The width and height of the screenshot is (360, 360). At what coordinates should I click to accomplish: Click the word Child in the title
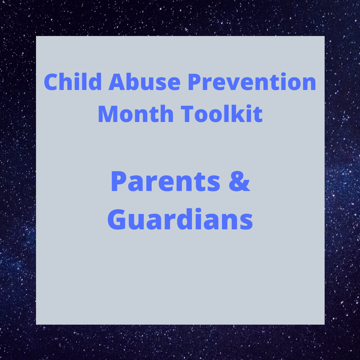click(73, 82)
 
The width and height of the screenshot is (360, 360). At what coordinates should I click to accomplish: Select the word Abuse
click(144, 82)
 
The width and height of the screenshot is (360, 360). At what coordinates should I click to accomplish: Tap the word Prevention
click(252, 82)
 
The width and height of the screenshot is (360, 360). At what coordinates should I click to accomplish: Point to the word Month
click(136, 114)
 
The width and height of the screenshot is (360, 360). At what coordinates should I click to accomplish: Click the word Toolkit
click(222, 114)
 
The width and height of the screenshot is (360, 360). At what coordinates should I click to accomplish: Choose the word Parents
click(165, 181)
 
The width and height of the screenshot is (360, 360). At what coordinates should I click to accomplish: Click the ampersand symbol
click(239, 181)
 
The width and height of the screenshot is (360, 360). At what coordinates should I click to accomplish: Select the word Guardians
click(180, 219)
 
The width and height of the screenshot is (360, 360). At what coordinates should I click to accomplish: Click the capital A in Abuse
click(117, 82)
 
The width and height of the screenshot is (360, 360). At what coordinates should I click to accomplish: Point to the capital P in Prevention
click(194, 82)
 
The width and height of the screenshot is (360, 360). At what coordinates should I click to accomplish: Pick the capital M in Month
click(108, 114)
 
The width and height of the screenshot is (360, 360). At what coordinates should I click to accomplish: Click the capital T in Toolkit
click(187, 114)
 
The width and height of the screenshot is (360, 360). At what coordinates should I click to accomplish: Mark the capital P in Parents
click(118, 181)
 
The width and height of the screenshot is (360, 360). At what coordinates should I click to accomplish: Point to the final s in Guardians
click(246, 222)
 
